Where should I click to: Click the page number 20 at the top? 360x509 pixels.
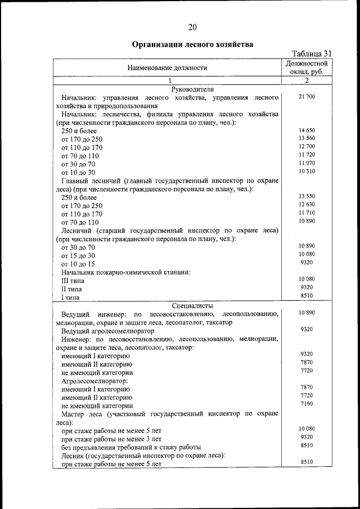coord(192,26)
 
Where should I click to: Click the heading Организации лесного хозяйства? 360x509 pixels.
coord(192,44)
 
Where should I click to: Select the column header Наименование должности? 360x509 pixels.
coord(167,67)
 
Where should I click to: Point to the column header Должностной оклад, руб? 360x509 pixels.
coord(307,67)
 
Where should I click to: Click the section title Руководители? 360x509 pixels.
coord(192,89)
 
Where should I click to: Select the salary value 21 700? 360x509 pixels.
coord(307,97)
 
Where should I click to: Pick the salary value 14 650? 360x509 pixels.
coord(307,130)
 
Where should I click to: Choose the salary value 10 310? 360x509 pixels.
coord(307,171)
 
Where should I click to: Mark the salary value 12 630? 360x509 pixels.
coord(307,204)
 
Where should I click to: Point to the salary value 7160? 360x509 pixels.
coord(307,404)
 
